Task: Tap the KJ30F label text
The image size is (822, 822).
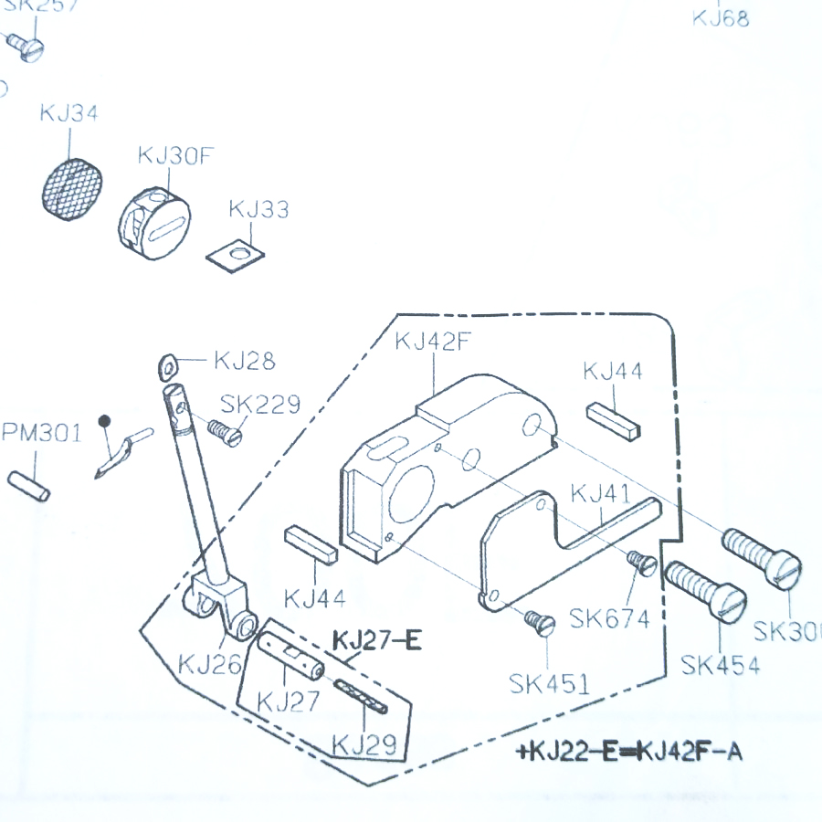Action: (x=175, y=155)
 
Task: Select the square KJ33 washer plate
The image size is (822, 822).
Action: (x=236, y=251)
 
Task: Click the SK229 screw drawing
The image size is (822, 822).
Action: (x=225, y=431)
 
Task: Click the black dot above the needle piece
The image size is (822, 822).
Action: (x=105, y=421)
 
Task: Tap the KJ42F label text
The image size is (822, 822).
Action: (x=433, y=342)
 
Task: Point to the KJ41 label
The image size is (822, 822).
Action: (x=600, y=495)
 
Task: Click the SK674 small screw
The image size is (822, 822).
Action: (x=643, y=563)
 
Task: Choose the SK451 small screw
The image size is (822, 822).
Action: (x=541, y=623)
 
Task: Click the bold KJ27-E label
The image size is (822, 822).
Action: (x=377, y=642)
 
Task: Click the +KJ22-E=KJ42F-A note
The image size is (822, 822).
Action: (x=629, y=752)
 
